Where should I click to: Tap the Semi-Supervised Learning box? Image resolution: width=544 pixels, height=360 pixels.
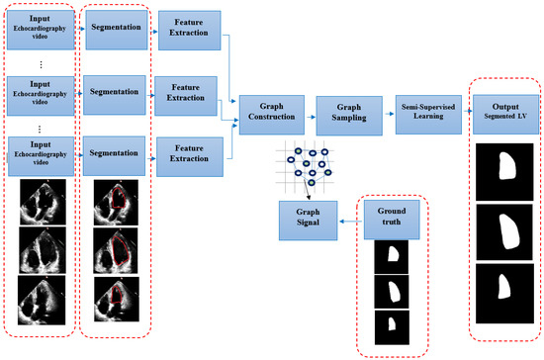tap(424, 110)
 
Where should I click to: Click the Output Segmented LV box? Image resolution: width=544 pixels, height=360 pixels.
tap(504, 110)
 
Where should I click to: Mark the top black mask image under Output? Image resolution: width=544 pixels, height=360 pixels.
tap(504, 169)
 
